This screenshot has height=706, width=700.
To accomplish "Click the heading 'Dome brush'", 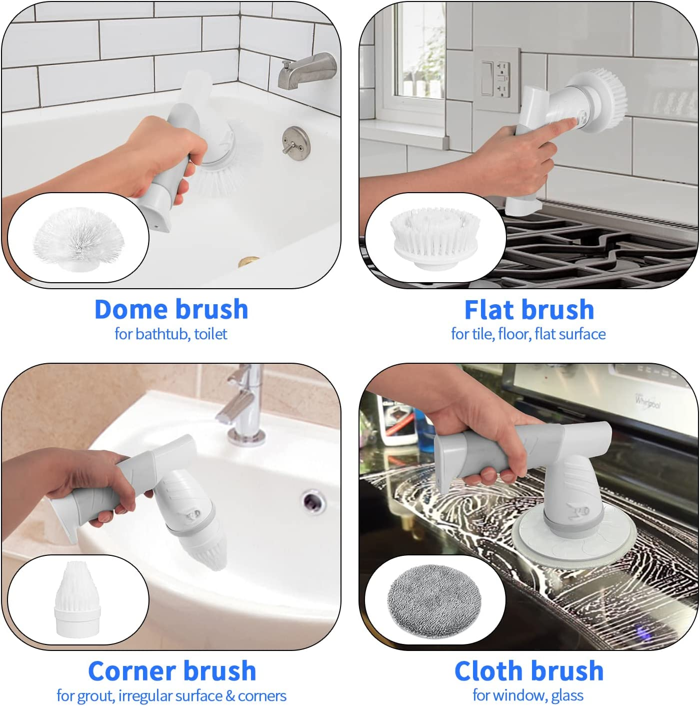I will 171,309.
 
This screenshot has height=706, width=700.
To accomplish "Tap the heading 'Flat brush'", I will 529,310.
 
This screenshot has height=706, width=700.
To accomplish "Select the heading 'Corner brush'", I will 171,671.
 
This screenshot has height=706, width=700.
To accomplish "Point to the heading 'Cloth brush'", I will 529,671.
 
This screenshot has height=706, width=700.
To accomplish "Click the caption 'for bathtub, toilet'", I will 170,334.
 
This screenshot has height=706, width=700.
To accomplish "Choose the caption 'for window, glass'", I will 528,695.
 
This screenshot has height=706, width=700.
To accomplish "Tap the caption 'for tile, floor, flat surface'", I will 528,334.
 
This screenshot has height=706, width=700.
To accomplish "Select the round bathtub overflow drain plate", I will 295,140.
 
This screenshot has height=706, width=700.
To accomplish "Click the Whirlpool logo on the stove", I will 648,401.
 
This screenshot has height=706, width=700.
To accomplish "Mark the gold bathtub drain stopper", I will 248,261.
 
